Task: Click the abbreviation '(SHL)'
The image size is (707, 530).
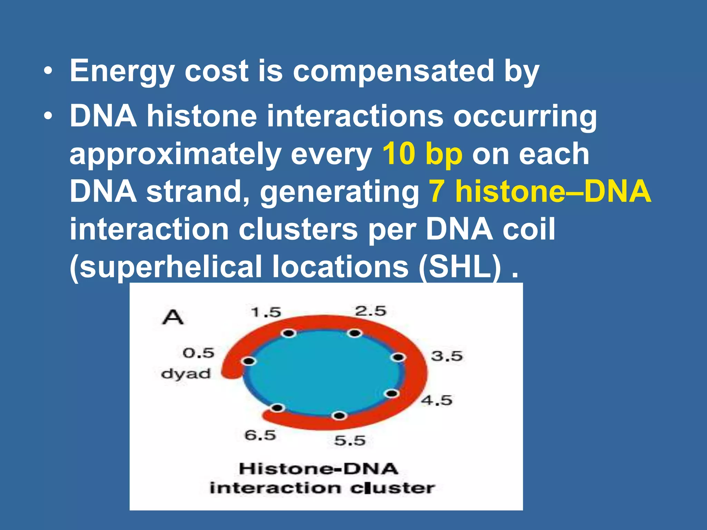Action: [x=459, y=267]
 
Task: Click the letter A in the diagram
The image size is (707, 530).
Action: [x=173, y=317]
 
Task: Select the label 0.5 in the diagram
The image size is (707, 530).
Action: [x=198, y=353]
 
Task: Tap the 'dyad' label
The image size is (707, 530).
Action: [x=186, y=374]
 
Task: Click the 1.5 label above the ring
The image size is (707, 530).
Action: [x=266, y=313]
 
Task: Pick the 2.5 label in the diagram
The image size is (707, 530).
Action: [x=370, y=311]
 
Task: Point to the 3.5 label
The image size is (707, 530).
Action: [x=447, y=356]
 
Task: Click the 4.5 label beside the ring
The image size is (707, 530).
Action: [x=436, y=400]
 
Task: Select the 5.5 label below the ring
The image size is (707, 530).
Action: [x=350, y=441]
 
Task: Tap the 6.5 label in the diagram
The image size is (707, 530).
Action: [x=260, y=435]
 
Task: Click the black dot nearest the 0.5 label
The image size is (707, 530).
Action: [x=248, y=361]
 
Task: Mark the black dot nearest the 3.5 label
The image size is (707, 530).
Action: [x=398, y=357]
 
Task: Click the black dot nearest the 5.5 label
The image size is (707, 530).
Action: [x=339, y=416]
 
